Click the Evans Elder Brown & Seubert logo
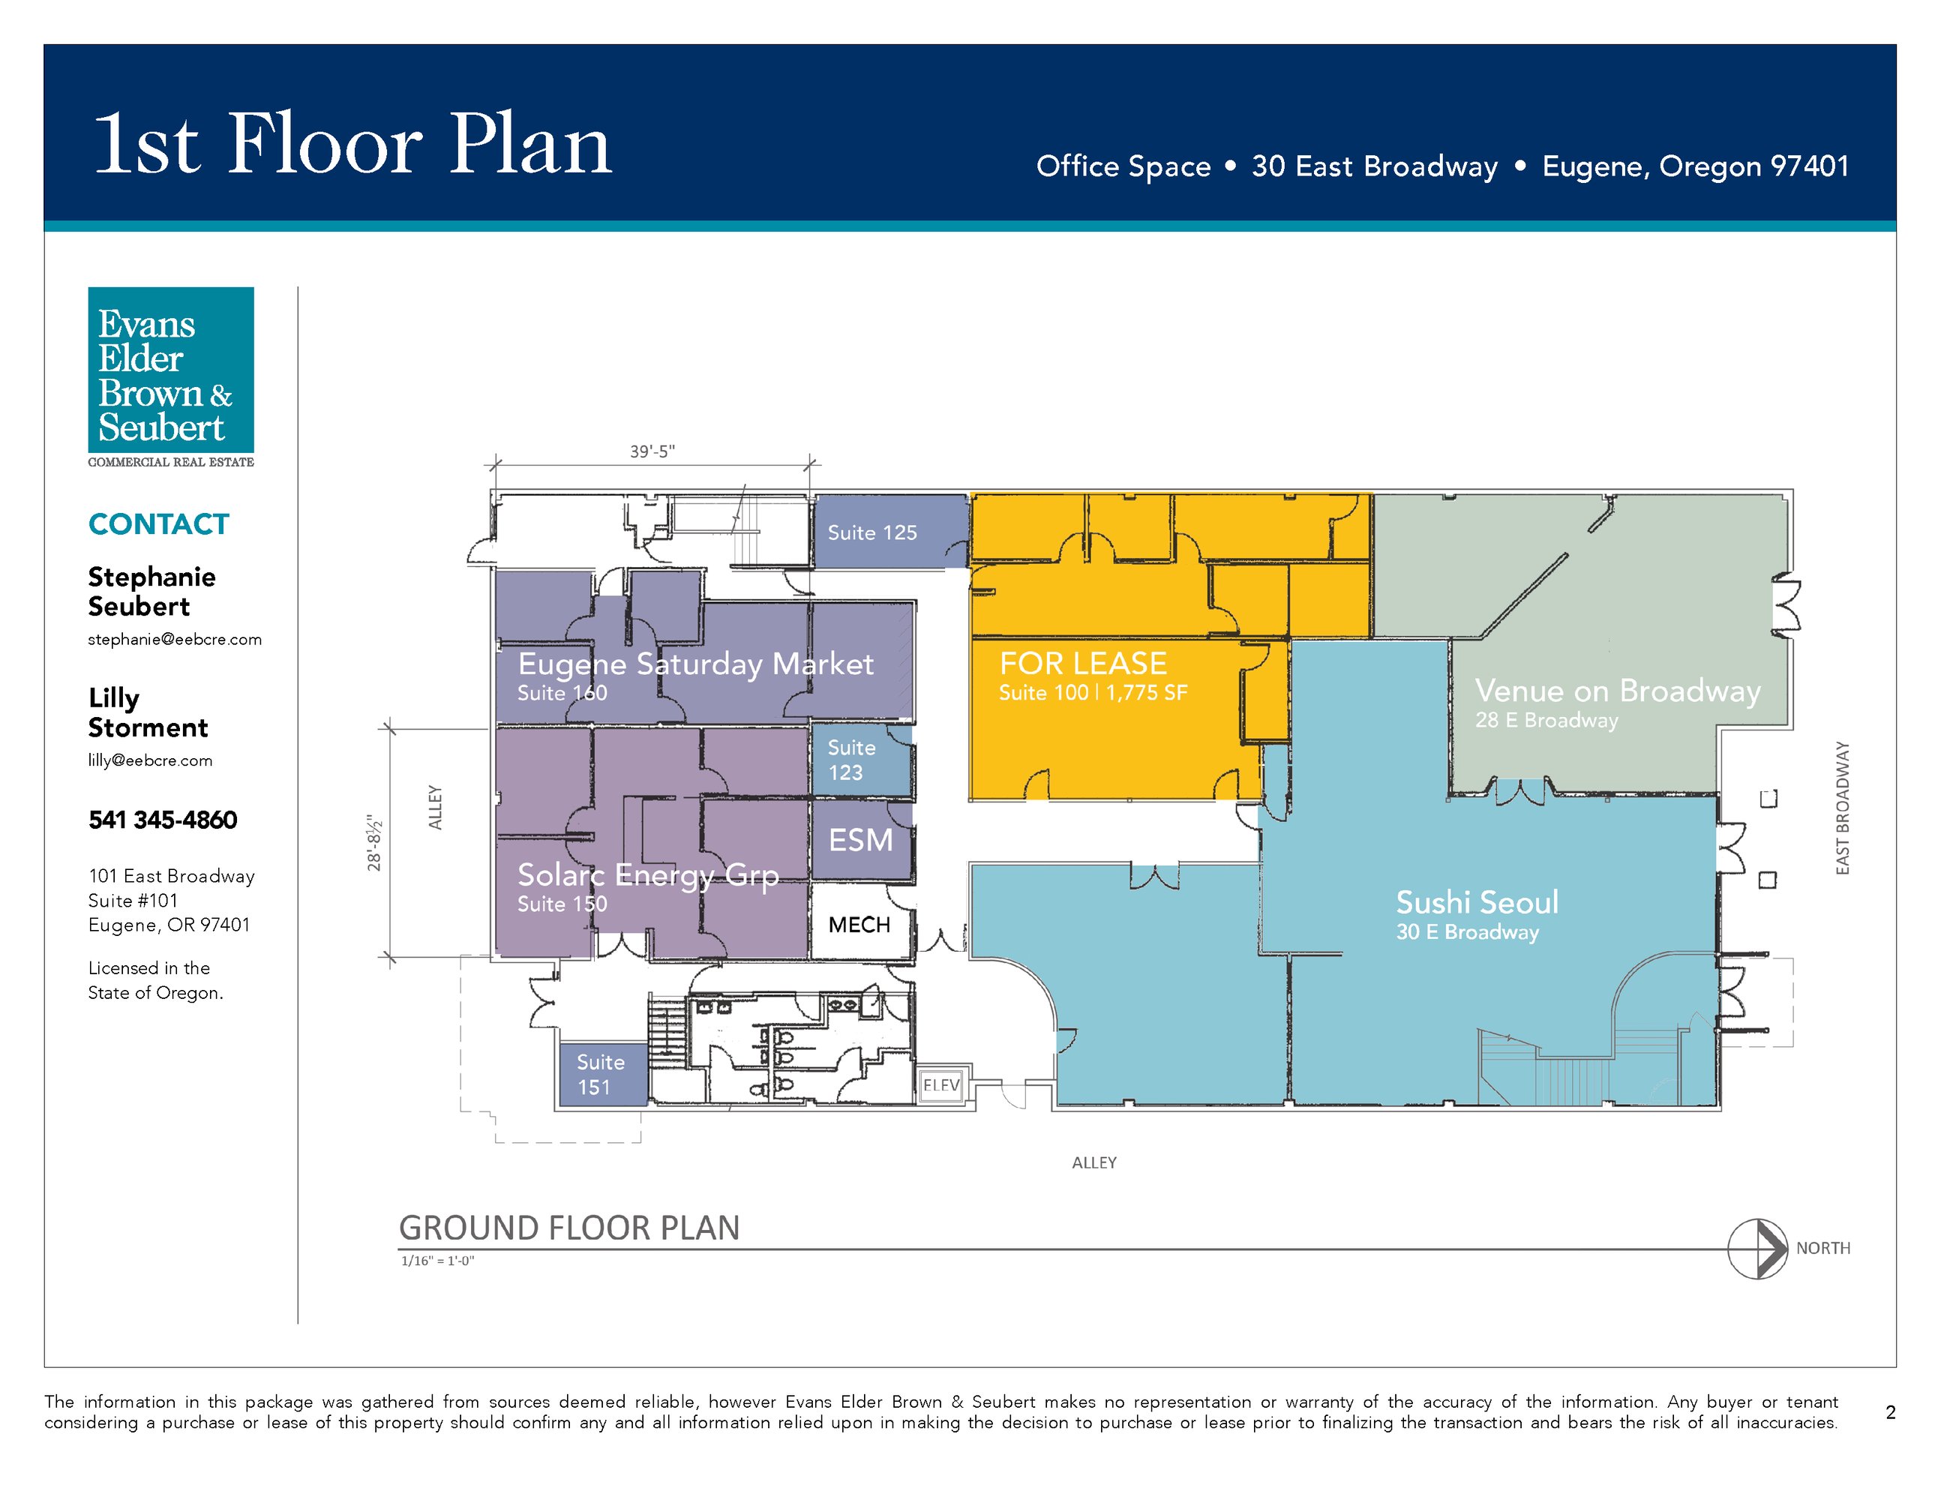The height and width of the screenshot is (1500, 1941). [171, 376]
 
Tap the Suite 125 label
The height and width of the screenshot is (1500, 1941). [871, 532]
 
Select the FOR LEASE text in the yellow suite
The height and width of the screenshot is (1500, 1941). [1082, 663]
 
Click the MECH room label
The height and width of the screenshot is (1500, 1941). [859, 925]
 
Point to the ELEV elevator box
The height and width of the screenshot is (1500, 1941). [941, 1085]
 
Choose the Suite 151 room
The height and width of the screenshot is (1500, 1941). [602, 1074]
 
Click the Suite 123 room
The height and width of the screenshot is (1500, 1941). [861, 760]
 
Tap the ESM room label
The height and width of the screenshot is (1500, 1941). [860, 840]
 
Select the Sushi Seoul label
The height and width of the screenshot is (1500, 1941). [1477, 902]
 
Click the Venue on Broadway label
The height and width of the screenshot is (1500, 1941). [1618, 691]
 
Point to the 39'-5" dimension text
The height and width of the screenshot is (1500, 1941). [652, 451]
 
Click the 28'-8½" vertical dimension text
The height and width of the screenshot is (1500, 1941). [375, 842]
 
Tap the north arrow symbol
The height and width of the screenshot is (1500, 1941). [1757, 1249]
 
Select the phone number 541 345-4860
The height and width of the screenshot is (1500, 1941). [163, 819]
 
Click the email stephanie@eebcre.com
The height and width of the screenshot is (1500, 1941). [175, 639]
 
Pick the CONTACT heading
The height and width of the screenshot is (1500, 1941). [159, 524]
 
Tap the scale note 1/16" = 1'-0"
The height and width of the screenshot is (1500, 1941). [438, 1261]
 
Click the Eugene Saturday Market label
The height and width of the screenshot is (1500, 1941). [696, 664]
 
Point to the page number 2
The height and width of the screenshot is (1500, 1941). [1890, 1412]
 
